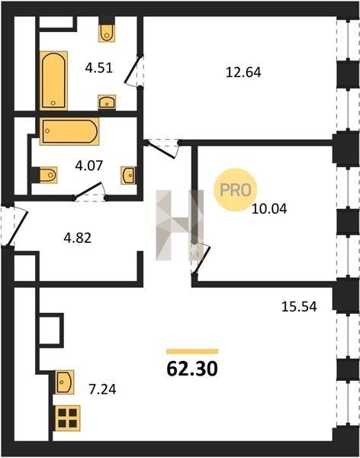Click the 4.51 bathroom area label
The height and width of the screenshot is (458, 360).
click(x=99, y=68)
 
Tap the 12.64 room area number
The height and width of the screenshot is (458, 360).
click(x=243, y=73)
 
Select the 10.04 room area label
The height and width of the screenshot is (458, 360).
click(x=269, y=209)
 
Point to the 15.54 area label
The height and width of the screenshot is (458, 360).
click(x=299, y=307)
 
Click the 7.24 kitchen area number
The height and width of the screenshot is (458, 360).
click(x=102, y=389)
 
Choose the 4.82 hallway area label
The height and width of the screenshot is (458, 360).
click(x=78, y=238)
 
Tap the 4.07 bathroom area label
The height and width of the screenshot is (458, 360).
click(x=89, y=166)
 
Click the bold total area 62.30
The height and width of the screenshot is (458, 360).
click(x=192, y=369)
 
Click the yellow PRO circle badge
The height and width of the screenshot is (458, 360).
click(x=236, y=190)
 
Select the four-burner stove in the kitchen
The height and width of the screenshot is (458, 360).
click(x=67, y=418)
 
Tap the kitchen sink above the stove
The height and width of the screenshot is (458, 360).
click(x=65, y=382)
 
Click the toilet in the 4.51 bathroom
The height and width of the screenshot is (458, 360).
click(x=107, y=33)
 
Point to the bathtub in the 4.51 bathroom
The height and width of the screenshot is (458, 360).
click(x=53, y=80)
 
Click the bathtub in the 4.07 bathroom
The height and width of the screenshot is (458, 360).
click(x=69, y=131)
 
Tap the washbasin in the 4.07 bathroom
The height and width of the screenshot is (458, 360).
click(x=128, y=176)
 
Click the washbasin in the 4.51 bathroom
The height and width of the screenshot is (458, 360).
click(x=107, y=102)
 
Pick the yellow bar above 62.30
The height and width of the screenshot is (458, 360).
click(x=192, y=351)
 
